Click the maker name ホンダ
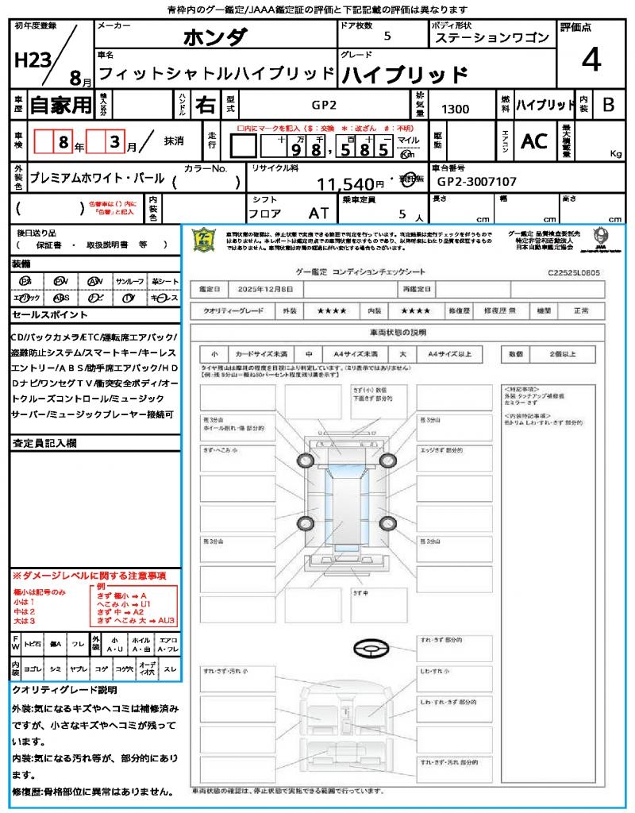pyautogui.click(x=215, y=37)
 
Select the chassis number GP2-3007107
pyautogui.click(x=476, y=182)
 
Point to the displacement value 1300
pyautogui.click(x=455, y=109)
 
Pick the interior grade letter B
pyautogui.click(x=608, y=104)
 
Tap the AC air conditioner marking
pyautogui.click(x=534, y=141)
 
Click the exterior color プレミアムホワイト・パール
pyautogui.click(x=97, y=179)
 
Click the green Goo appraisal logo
pyautogui.click(x=204, y=240)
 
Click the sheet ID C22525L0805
pyautogui.click(x=573, y=272)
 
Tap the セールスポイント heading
pyautogui.click(x=44, y=315)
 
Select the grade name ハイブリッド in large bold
pyautogui.click(x=404, y=75)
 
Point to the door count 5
pyautogui.click(x=387, y=37)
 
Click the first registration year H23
pyautogui.click(x=31, y=61)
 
